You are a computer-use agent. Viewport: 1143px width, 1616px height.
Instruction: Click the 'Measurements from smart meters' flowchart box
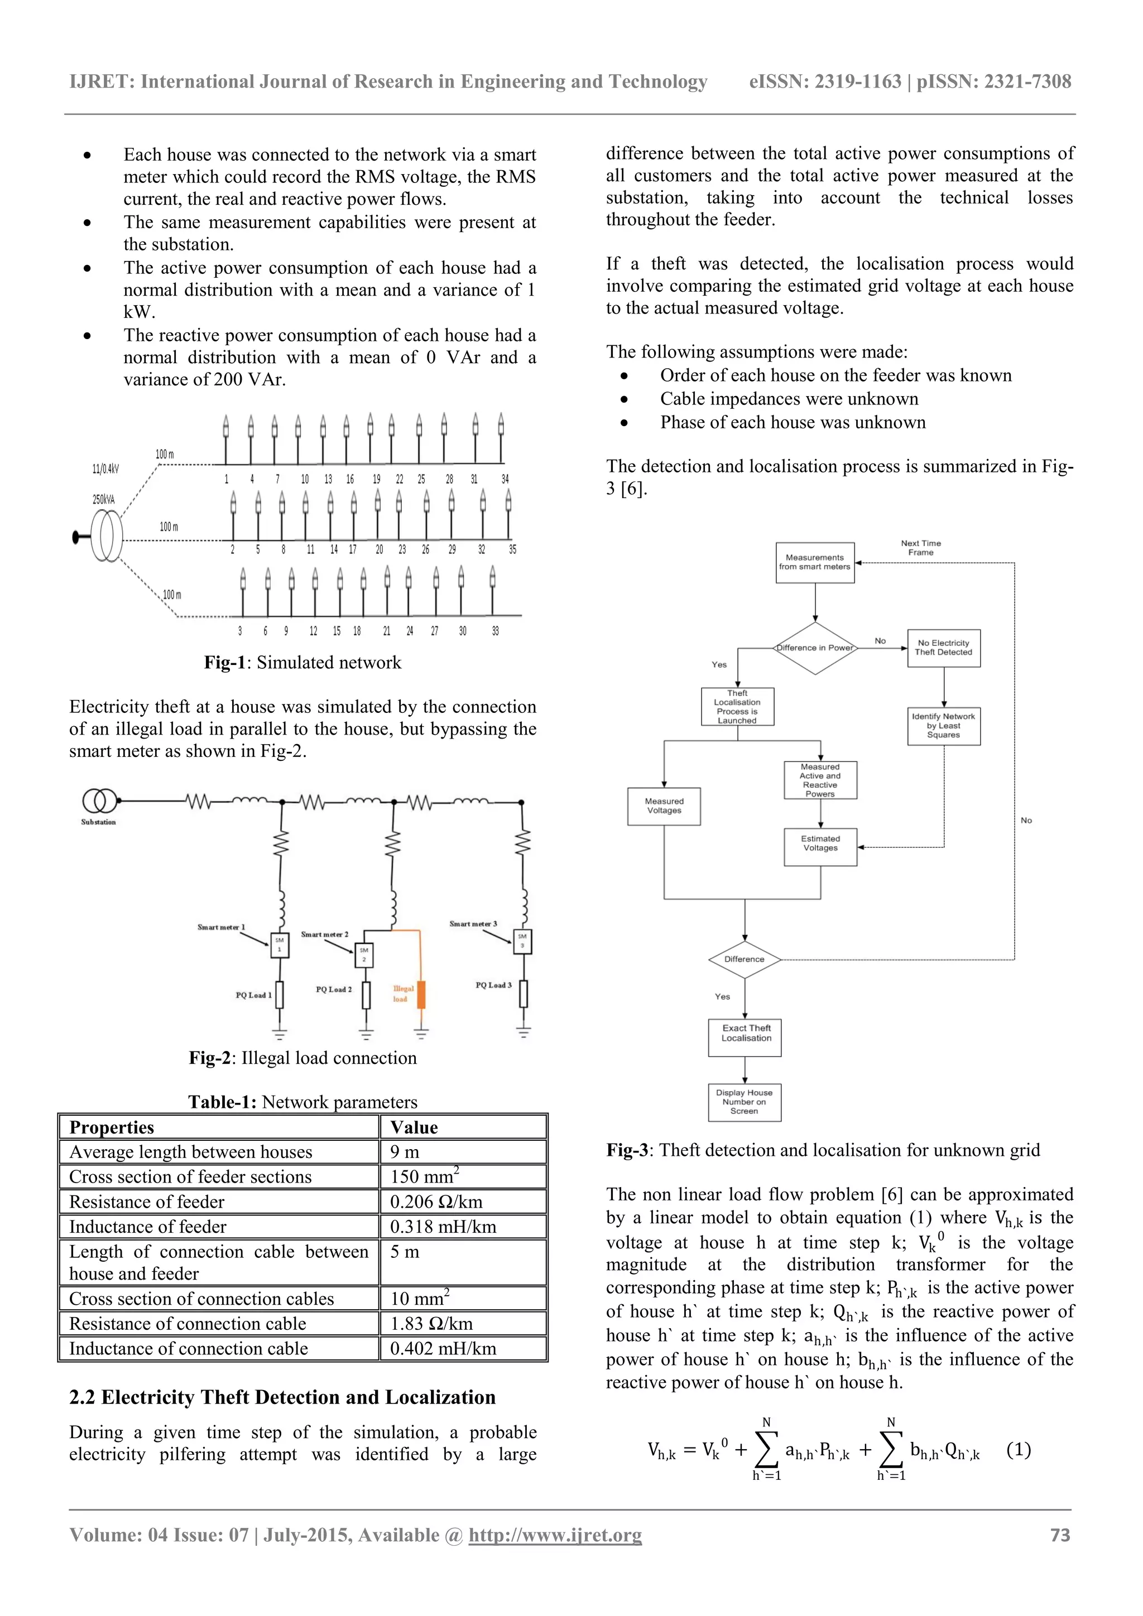click(815, 562)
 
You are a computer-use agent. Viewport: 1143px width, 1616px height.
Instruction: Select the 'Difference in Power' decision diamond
click(815, 648)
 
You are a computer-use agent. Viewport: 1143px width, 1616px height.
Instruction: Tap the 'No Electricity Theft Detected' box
click(944, 648)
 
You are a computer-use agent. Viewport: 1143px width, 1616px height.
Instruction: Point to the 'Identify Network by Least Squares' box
click(944, 726)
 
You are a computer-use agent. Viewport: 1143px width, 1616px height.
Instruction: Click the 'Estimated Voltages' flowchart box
click(820, 847)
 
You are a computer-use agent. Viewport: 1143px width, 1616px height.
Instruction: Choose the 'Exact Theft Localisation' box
click(745, 1037)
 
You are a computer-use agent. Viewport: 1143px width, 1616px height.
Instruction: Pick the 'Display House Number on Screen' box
click(745, 1102)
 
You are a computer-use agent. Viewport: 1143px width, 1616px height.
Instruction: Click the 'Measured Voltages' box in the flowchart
click(664, 806)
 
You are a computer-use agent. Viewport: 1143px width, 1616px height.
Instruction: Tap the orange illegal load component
click(421, 994)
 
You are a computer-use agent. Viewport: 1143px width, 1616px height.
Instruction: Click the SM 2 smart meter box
click(364, 955)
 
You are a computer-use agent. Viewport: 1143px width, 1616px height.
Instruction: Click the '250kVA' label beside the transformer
click(103, 500)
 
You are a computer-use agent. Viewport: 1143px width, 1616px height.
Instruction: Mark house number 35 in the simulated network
click(513, 549)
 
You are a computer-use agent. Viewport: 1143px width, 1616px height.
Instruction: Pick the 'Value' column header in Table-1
click(414, 1127)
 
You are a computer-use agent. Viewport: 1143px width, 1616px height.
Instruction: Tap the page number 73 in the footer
click(1060, 1535)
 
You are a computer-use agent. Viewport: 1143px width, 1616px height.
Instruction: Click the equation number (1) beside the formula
click(1019, 1450)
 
